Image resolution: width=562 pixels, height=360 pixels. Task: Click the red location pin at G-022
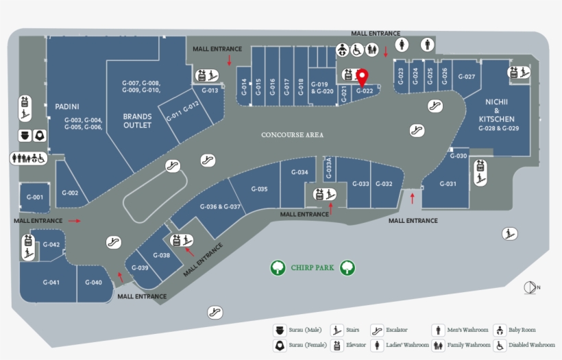pos(363,77)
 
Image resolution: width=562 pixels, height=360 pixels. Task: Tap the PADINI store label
pos(67,106)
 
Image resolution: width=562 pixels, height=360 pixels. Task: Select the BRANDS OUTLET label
pos(137,121)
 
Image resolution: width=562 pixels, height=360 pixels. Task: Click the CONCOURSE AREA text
pos(292,135)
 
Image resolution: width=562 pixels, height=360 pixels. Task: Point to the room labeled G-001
pos(34,197)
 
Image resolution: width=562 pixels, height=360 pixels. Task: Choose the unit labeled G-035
pos(259,189)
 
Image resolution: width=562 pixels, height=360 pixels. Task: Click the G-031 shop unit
pos(448,184)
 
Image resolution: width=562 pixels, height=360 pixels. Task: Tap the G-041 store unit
pos(51,283)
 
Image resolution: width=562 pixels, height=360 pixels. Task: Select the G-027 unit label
pos(466,77)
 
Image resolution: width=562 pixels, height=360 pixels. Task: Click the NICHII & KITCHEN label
pos(497,115)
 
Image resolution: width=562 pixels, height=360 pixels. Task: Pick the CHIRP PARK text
pos(312,267)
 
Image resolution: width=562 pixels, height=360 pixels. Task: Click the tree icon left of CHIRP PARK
pos(278,267)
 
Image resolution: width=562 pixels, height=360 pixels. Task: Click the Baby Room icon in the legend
pos(500,330)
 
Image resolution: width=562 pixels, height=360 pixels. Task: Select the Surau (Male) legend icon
pos(280,330)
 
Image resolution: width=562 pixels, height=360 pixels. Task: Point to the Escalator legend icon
pos(376,330)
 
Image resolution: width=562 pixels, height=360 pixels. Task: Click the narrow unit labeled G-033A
pos(328,169)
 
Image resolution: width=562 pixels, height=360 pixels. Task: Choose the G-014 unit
pos(243,87)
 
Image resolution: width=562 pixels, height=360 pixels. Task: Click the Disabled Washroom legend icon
pos(500,345)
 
